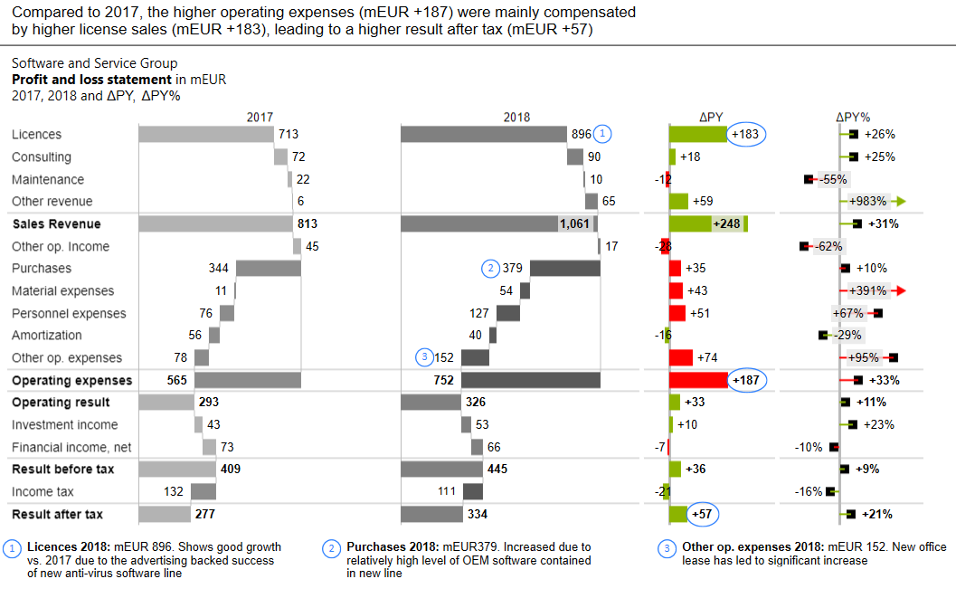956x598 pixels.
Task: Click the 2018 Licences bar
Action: coord(484,134)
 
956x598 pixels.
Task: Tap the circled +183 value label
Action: coord(748,134)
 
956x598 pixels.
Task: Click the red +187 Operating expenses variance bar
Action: coord(697,380)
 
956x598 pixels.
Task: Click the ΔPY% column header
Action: coord(853,117)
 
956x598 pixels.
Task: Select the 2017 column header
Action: coord(260,117)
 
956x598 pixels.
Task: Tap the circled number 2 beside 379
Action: coord(491,269)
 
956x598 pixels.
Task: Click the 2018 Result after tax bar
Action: coord(431,514)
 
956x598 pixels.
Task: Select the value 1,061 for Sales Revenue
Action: coord(575,223)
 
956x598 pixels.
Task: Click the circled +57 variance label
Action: coord(704,514)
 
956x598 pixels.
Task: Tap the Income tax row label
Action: coord(43,492)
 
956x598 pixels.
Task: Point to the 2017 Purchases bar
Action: coord(268,269)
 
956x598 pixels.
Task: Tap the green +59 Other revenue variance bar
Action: coord(678,202)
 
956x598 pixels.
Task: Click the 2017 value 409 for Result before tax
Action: coord(229,470)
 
